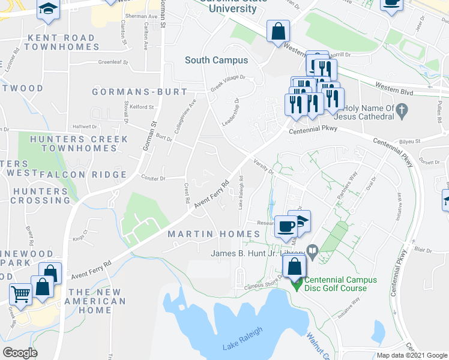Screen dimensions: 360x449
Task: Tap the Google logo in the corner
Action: point(20,353)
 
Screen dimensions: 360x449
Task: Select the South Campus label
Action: point(212,60)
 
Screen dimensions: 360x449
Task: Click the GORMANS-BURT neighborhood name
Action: point(139,92)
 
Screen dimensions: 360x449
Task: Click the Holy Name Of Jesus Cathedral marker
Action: point(403,110)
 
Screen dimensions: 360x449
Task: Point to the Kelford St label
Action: point(143,107)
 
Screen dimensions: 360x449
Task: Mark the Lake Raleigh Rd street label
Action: point(241,192)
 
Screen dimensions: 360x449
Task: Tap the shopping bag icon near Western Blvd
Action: point(279,31)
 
